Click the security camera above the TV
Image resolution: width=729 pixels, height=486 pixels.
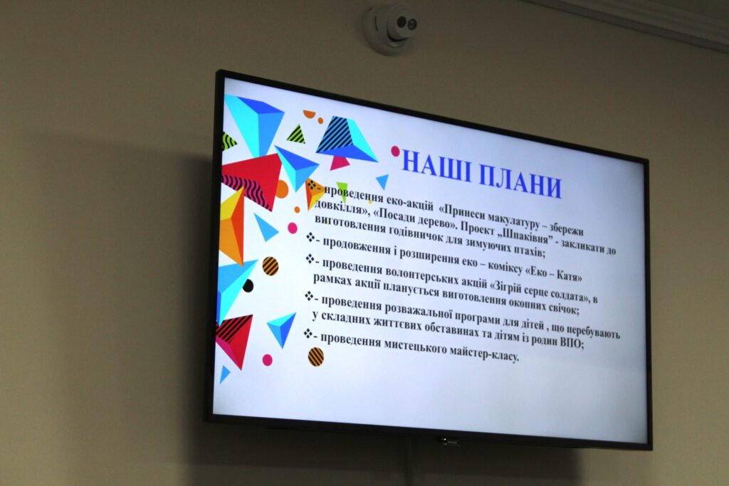tap(391, 28)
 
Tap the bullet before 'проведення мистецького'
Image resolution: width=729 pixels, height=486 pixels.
tap(308, 333)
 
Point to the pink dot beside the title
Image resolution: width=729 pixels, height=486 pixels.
tap(396, 151)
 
